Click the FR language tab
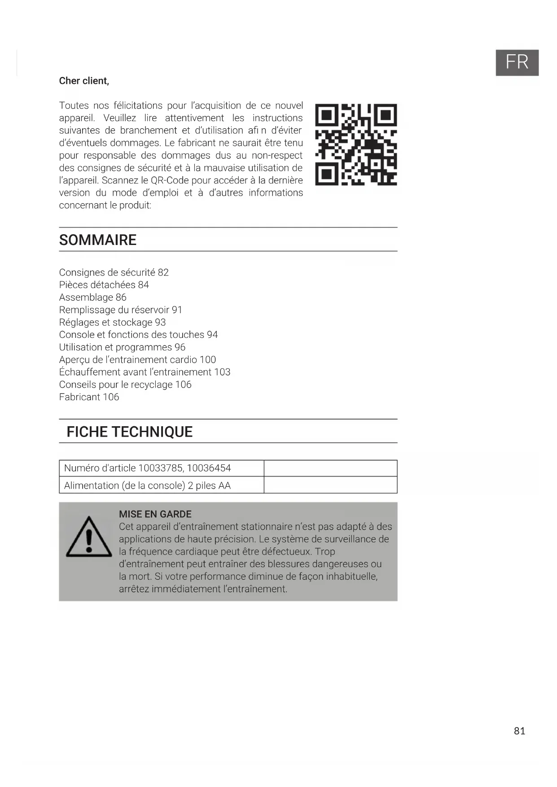517,62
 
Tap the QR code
356,144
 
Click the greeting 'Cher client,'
84,81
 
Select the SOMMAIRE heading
98,240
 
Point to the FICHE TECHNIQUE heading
129,432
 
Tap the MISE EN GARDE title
155,514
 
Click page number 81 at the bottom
519,731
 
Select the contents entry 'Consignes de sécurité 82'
114,272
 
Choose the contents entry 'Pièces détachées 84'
104,285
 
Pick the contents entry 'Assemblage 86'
92,297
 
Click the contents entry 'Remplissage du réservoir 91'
120,310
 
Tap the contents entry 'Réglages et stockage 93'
112,323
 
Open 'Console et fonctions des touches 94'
138,335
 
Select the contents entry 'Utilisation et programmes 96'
122,347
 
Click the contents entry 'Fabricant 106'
89,397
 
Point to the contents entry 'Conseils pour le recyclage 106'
125,385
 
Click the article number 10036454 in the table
209,468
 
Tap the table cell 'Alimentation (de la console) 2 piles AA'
147,485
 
